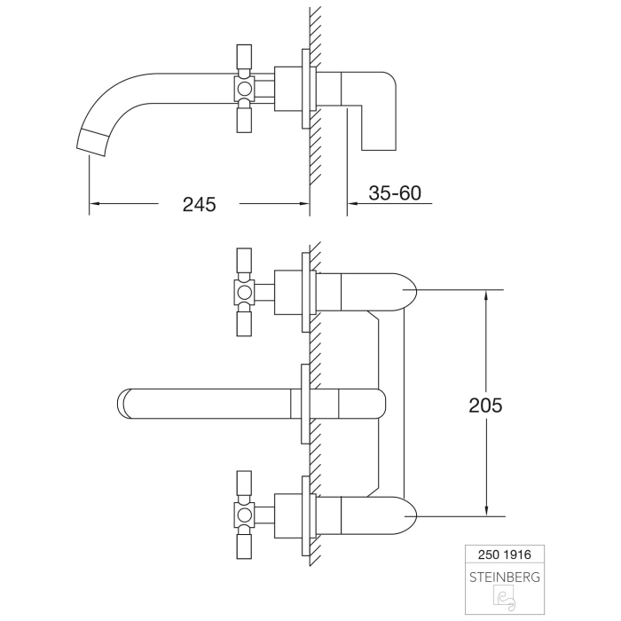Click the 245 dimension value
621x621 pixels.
[x=200, y=204]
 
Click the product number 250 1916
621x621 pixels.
[x=505, y=553]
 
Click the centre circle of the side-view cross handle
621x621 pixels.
[x=244, y=89]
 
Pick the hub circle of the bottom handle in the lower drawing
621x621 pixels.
[x=244, y=513]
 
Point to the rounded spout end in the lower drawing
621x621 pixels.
[x=125, y=403]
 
